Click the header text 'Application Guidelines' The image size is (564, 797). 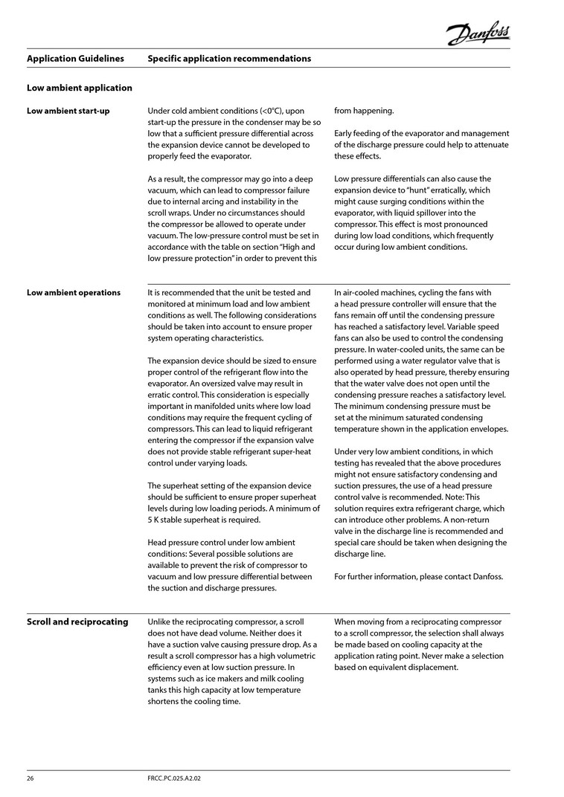75,58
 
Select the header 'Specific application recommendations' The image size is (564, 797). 229,58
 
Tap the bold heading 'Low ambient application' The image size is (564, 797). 80,88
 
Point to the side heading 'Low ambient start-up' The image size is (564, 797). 68,111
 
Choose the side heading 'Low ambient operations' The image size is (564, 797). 74,292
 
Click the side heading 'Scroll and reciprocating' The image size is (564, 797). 77,622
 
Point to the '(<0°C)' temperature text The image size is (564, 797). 272,111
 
